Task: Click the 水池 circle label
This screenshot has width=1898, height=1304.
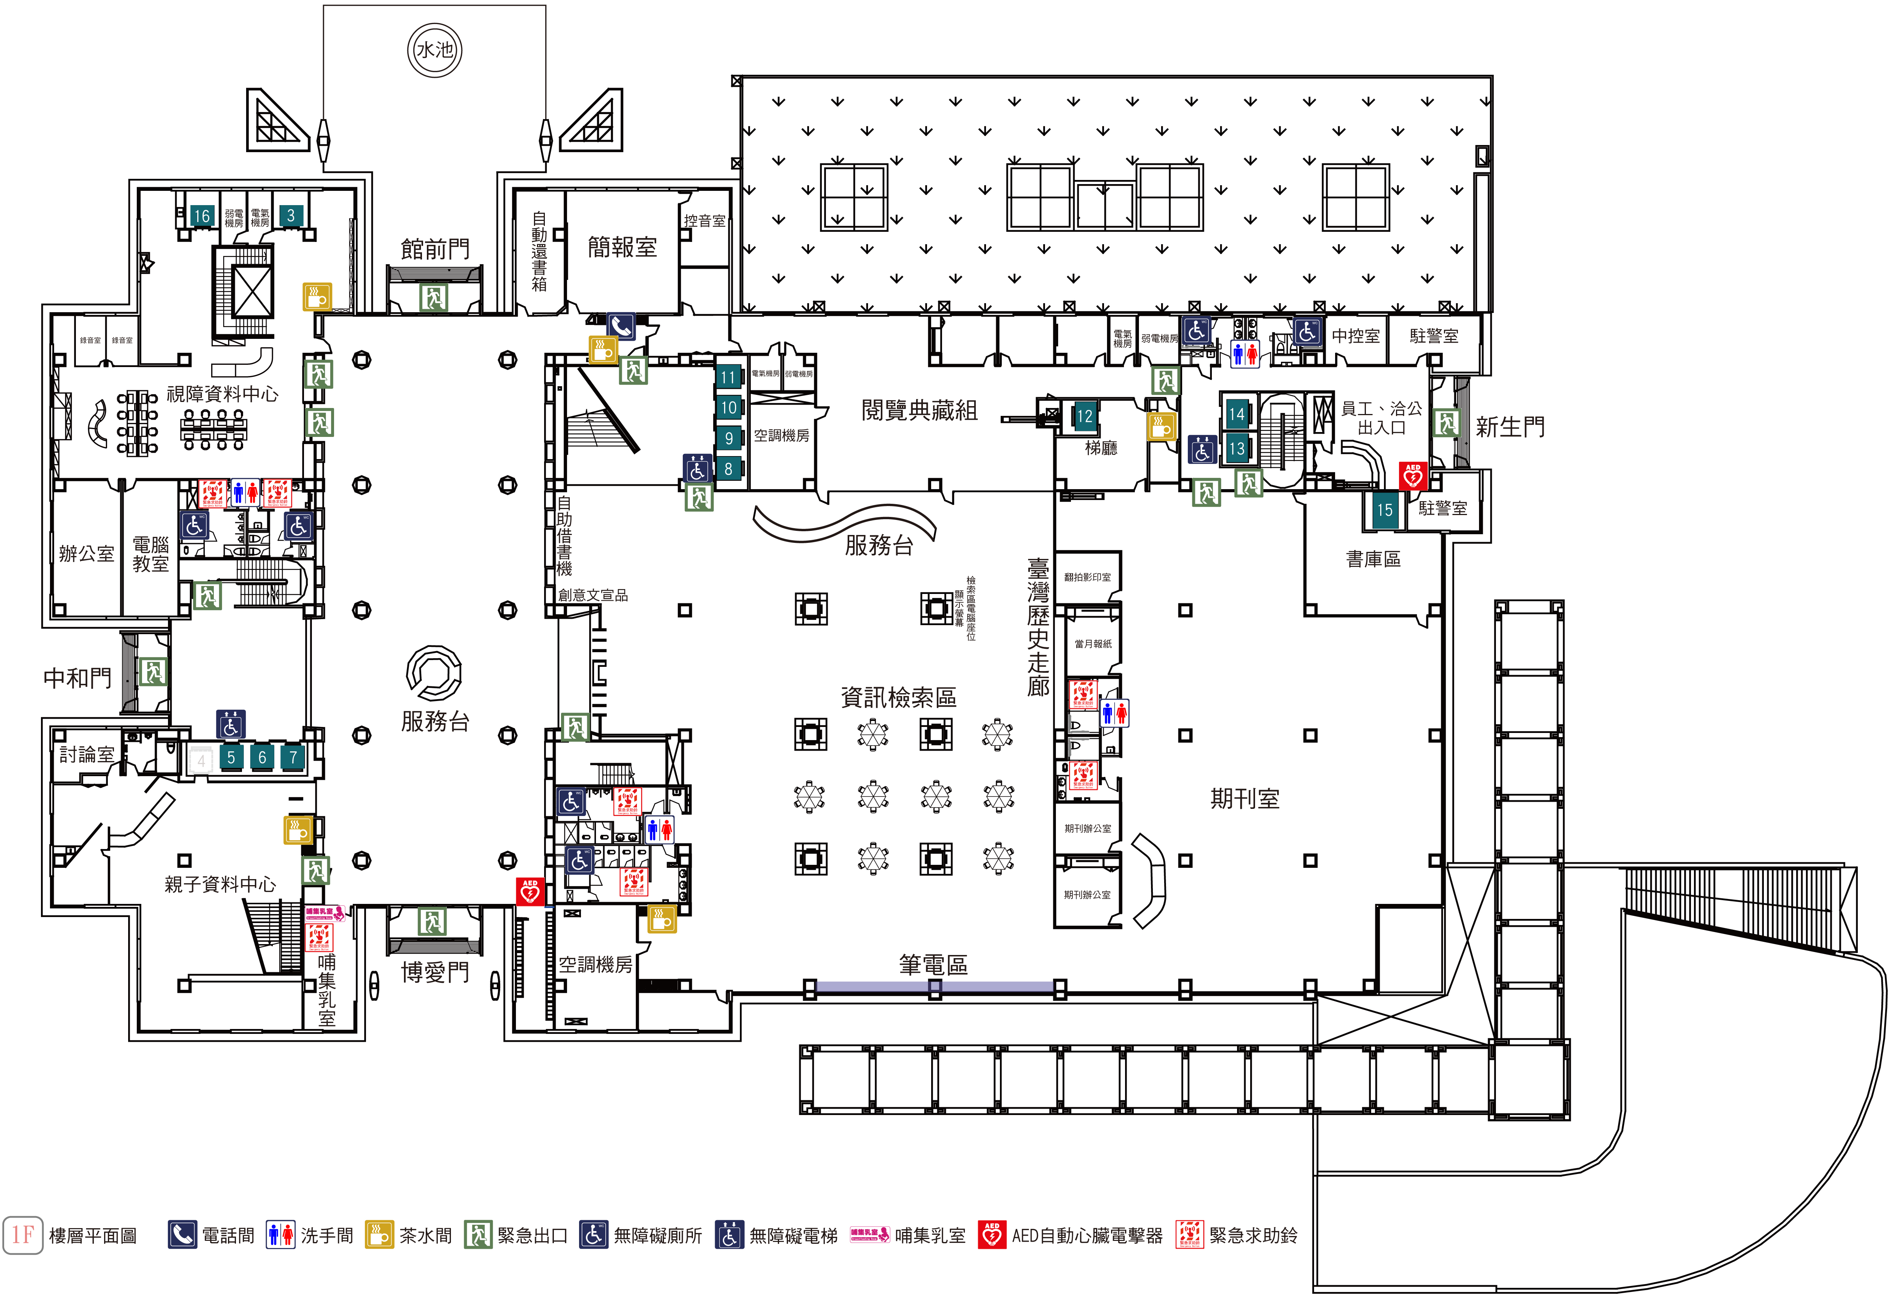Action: tap(435, 50)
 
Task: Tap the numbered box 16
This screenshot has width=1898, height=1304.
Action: tap(201, 216)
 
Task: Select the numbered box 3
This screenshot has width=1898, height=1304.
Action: tap(290, 216)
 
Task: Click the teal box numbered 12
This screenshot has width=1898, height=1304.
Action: tap(1084, 416)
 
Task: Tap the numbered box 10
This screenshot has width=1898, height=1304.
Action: tap(728, 407)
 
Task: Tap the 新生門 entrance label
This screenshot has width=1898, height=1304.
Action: tap(1510, 426)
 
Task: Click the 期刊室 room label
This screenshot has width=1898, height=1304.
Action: tap(1245, 798)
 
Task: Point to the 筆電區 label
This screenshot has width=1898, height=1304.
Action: tap(933, 965)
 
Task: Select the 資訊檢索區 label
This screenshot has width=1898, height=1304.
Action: tap(898, 697)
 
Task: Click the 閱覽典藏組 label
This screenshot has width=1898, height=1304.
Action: tap(919, 410)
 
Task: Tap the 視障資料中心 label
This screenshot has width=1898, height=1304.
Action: tap(222, 394)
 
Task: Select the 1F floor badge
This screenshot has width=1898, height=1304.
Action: tap(23, 1234)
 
